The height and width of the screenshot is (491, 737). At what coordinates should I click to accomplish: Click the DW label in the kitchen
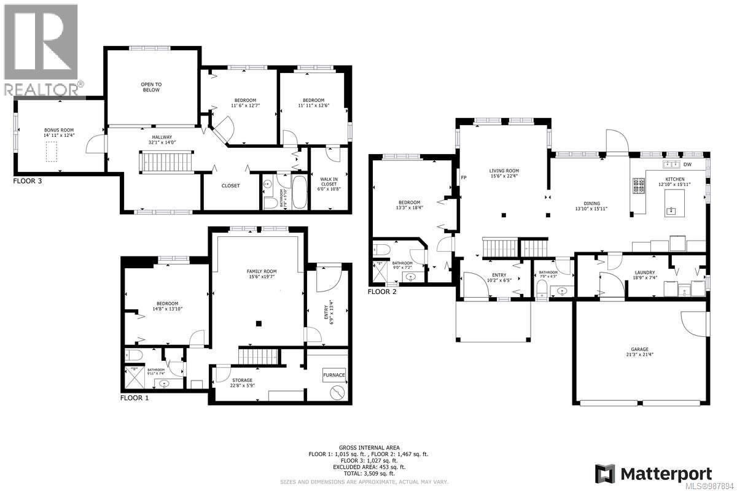[x=687, y=164]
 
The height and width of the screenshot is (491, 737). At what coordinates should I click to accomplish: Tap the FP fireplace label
[x=464, y=179]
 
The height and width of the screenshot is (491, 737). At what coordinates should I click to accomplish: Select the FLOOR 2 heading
[x=382, y=292]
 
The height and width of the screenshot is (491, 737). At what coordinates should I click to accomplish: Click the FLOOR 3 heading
[x=28, y=182]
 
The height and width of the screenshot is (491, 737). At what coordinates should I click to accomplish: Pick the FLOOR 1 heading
[x=135, y=398]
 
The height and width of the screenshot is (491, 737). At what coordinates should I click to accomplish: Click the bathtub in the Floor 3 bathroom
[x=299, y=191]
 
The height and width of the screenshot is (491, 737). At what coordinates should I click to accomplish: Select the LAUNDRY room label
[x=644, y=273]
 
